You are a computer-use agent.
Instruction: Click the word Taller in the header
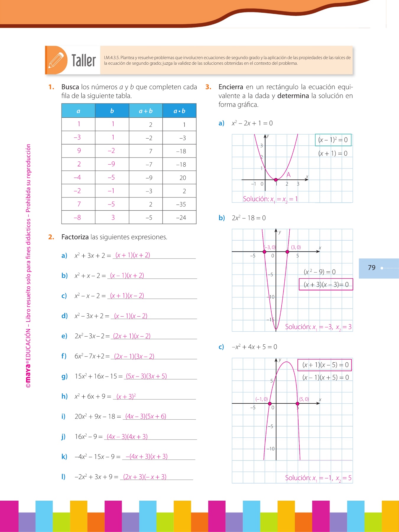(84, 61)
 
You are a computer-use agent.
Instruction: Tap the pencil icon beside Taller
(56, 60)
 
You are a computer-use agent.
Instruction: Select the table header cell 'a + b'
(146, 111)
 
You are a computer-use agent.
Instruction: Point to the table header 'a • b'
(179, 111)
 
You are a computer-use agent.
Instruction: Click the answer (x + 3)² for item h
(126, 396)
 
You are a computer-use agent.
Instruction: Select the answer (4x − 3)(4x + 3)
(127, 437)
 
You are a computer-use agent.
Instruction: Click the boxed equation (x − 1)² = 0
(333, 140)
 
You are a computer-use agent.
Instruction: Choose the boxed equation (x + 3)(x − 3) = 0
(326, 284)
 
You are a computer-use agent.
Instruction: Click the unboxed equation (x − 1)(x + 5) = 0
(325, 377)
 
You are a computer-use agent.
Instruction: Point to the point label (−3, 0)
(270, 247)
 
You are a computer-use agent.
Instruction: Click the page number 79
(372, 268)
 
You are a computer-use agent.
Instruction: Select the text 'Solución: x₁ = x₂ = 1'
(270, 199)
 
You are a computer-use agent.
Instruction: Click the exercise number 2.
(51, 237)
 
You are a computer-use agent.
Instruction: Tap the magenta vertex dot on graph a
(276, 180)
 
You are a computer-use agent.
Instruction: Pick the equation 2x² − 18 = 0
(249, 218)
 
